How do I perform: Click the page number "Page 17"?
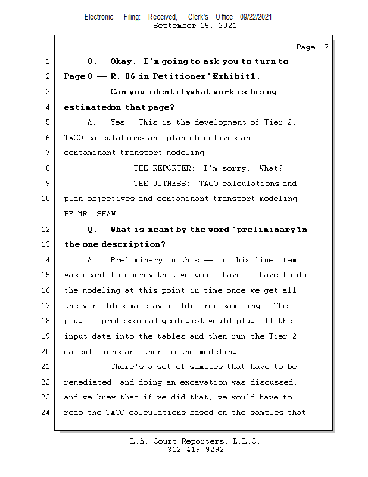click(x=312, y=47)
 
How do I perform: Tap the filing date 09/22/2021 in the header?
click(x=256, y=17)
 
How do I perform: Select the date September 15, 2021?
click(x=195, y=26)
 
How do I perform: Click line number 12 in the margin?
click(x=47, y=230)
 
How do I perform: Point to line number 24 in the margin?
click(x=47, y=413)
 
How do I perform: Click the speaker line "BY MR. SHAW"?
click(x=89, y=214)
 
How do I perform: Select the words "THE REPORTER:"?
click(x=163, y=168)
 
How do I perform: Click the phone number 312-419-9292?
click(x=195, y=450)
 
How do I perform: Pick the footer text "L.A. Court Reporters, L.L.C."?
click(x=195, y=441)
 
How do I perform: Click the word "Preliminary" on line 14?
click(x=136, y=260)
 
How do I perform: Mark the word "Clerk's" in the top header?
click(x=198, y=17)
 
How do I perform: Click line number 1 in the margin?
click(x=47, y=61)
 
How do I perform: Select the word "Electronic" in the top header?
click(x=99, y=17)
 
